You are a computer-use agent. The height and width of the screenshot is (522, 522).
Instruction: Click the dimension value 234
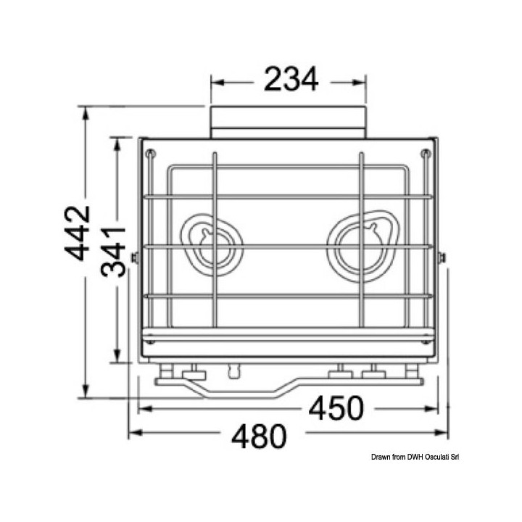coord(291,80)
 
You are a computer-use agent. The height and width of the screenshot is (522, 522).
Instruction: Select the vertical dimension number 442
coord(78,233)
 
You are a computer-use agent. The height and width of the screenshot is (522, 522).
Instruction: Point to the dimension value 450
coord(335,410)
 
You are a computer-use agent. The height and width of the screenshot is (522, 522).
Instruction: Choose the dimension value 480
coord(259,436)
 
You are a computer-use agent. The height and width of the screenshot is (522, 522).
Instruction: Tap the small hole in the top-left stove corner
coord(151,153)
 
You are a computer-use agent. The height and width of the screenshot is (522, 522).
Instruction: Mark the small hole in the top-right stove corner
coord(426,153)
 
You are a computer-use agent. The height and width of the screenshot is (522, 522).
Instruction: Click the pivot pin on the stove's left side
coord(134,257)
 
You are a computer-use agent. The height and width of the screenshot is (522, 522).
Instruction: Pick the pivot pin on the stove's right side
coord(442,257)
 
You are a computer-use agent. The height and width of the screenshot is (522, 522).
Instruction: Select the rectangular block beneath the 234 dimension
coord(289,121)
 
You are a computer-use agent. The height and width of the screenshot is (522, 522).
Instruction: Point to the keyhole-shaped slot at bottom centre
coord(233,370)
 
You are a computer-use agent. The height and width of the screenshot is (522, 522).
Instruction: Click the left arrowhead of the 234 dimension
coord(215,81)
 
